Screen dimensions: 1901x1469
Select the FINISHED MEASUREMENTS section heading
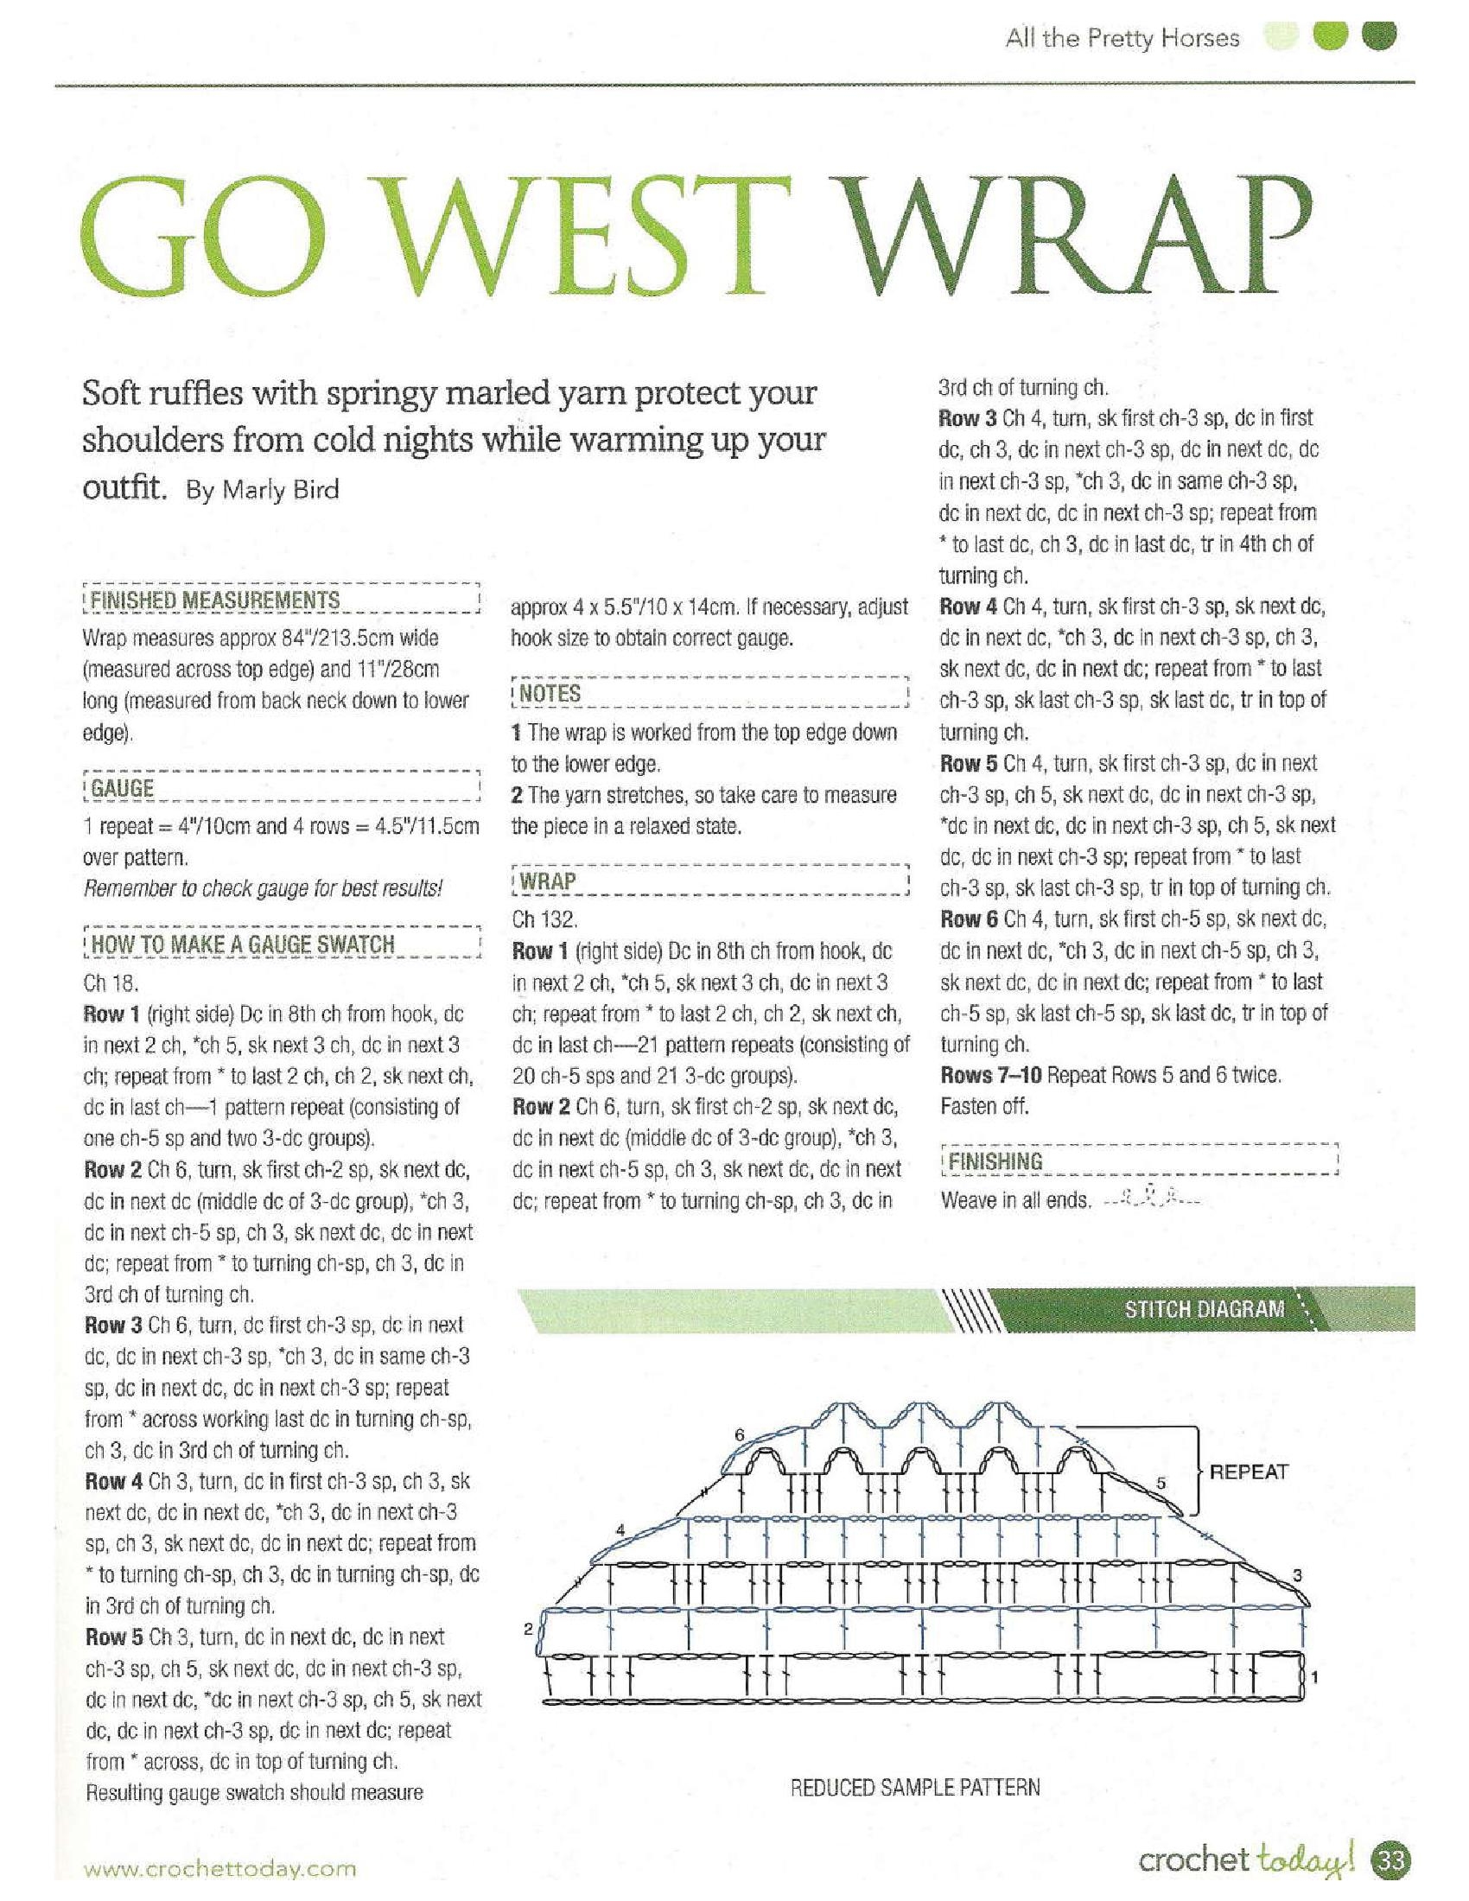tap(216, 601)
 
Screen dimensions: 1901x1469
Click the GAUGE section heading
tap(123, 789)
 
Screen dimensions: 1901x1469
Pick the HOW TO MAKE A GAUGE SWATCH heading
tap(243, 944)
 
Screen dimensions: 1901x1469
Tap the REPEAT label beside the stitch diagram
tap(1249, 1472)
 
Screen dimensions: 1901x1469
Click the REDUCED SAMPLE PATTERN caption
tap(915, 1788)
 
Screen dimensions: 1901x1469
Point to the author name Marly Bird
tap(280, 490)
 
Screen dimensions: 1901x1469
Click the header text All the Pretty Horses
tap(1122, 38)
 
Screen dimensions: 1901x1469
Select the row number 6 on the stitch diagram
tap(740, 1434)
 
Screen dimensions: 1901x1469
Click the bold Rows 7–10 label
tap(991, 1075)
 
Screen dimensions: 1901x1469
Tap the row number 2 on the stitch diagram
tap(528, 1630)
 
